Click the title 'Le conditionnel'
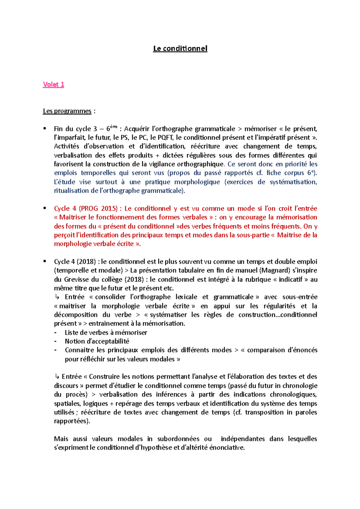180,49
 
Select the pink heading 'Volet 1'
53,85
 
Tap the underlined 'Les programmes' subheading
67,111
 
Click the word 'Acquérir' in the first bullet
137,129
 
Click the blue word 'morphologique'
197,182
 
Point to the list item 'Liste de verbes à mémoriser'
106,332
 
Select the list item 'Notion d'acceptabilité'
97,341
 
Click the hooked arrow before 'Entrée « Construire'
57,377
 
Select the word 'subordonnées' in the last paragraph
178,439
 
